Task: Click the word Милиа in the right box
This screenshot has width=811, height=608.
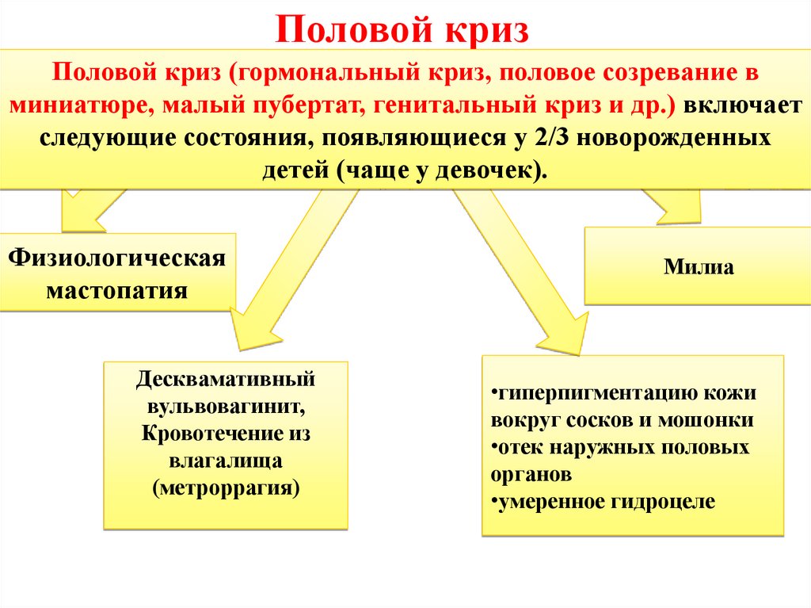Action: [699, 267]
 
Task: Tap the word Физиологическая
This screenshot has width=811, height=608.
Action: [117, 258]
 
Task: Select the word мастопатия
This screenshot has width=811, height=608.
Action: [117, 290]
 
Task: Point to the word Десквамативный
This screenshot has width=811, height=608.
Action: [226, 378]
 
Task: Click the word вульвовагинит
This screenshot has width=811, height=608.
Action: [224, 406]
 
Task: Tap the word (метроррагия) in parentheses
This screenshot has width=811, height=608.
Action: [227, 487]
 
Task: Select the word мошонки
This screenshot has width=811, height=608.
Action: [712, 420]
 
